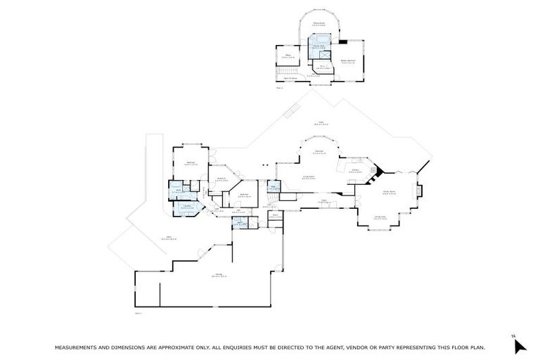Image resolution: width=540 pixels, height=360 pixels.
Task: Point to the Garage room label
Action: pos(219,275)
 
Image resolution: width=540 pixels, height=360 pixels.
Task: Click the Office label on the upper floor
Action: pos(288,55)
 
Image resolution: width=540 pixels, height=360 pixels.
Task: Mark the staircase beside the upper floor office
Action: pos(285,73)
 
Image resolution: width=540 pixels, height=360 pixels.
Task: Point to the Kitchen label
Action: pos(356,169)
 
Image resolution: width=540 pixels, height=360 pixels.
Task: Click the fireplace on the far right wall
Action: pos(420,190)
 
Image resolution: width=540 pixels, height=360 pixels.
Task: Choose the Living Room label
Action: pos(308,177)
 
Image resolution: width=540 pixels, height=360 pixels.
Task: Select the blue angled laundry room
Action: pos(188,207)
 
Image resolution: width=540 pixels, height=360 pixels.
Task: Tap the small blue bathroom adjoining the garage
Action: pos(240,224)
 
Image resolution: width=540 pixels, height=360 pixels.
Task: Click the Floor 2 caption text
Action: pos(279,88)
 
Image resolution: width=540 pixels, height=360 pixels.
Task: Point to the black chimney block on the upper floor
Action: pos(342,41)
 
